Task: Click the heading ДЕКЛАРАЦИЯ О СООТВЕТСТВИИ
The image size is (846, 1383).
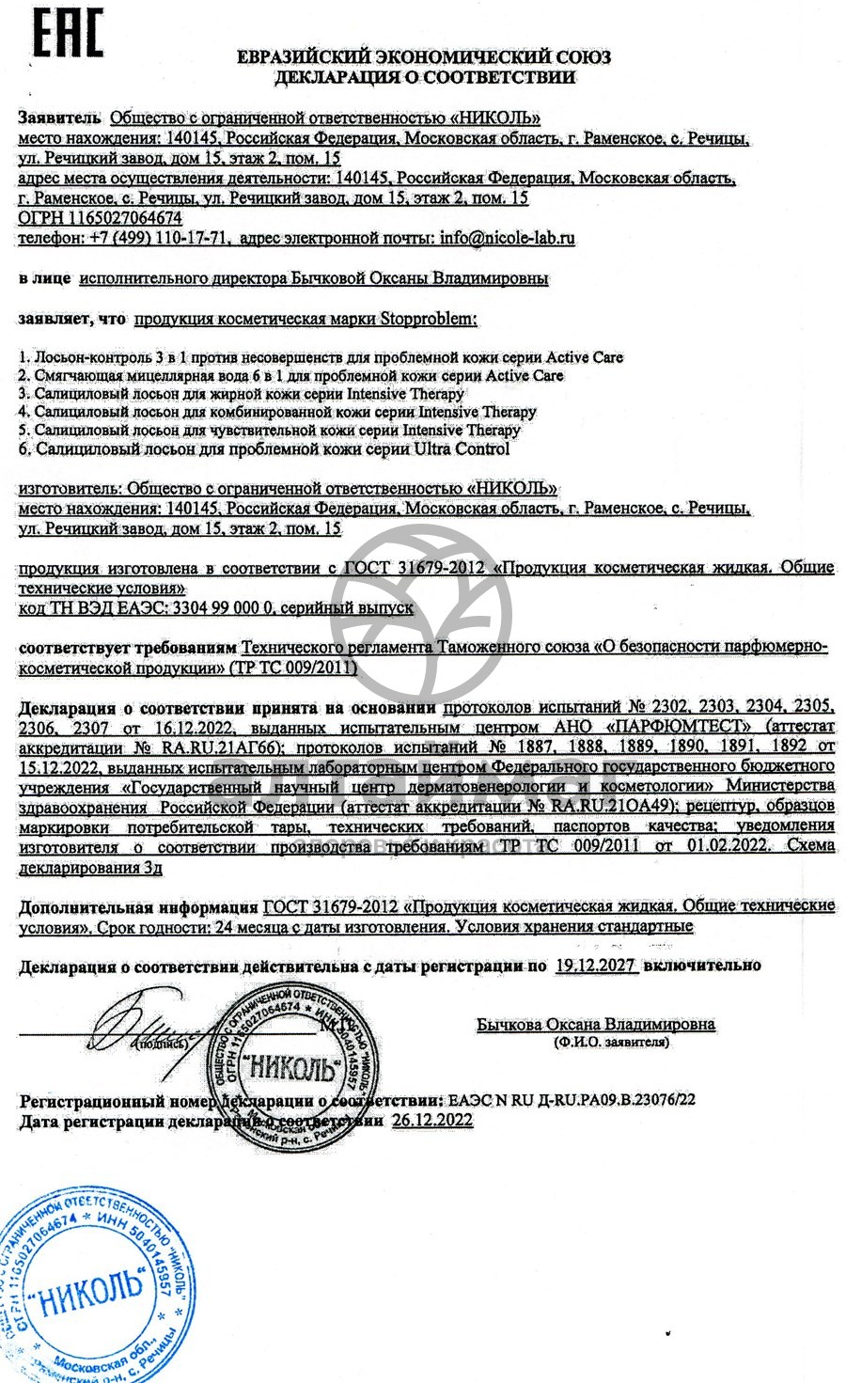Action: click(x=424, y=77)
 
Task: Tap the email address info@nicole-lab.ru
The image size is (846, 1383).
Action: click(x=507, y=238)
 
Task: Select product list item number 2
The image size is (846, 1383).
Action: click(x=291, y=375)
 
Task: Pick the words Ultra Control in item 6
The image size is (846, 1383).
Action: click(x=461, y=448)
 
